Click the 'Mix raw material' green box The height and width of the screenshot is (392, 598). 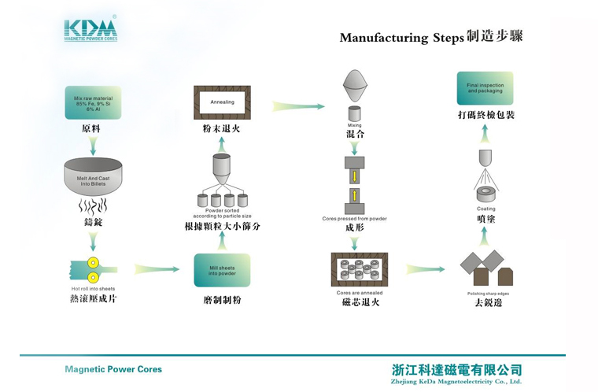pyautogui.click(x=93, y=102)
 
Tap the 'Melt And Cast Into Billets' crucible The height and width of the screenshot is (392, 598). pyautogui.click(x=93, y=177)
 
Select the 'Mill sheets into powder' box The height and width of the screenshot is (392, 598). pyautogui.click(x=221, y=270)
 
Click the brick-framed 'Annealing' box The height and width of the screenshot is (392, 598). pyautogui.click(x=222, y=102)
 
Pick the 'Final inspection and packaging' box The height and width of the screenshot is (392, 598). pyautogui.click(x=485, y=88)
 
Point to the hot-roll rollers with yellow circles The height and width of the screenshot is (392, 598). pyautogui.click(x=94, y=269)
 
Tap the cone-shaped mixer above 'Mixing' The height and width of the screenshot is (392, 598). pyautogui.click(x=354, y=84)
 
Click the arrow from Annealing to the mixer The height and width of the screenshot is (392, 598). pyautogui.click(x=298, y=105)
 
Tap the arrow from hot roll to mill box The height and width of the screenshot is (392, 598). pyautogui.click(x=157, y=269)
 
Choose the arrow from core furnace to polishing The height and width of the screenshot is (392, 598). pyautogui.click(x=425, y=269)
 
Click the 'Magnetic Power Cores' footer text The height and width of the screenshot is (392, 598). pyautogui.click(x=113, y=369)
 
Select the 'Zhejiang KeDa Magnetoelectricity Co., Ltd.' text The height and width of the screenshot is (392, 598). pyautogui.click(x=456, y=381)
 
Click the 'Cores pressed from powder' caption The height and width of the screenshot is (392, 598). pyautogui.click(x=354, y=218)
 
